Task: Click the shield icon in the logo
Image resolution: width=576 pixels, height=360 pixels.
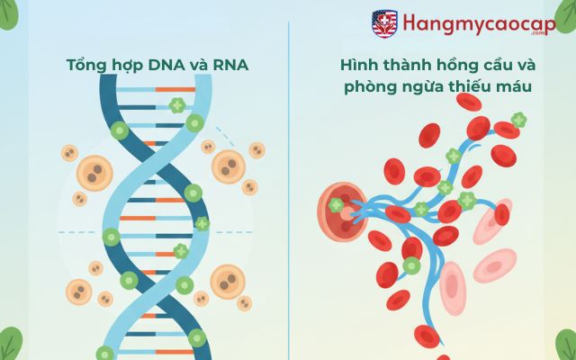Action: click(x=384, y=22)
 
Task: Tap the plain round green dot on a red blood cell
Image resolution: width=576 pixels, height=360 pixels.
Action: click(x=411, y=265)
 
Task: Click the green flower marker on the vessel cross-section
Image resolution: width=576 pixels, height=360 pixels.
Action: click(x=336, y=205)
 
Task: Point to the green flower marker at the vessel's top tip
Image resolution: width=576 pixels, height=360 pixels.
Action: click(x=518, y=119)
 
